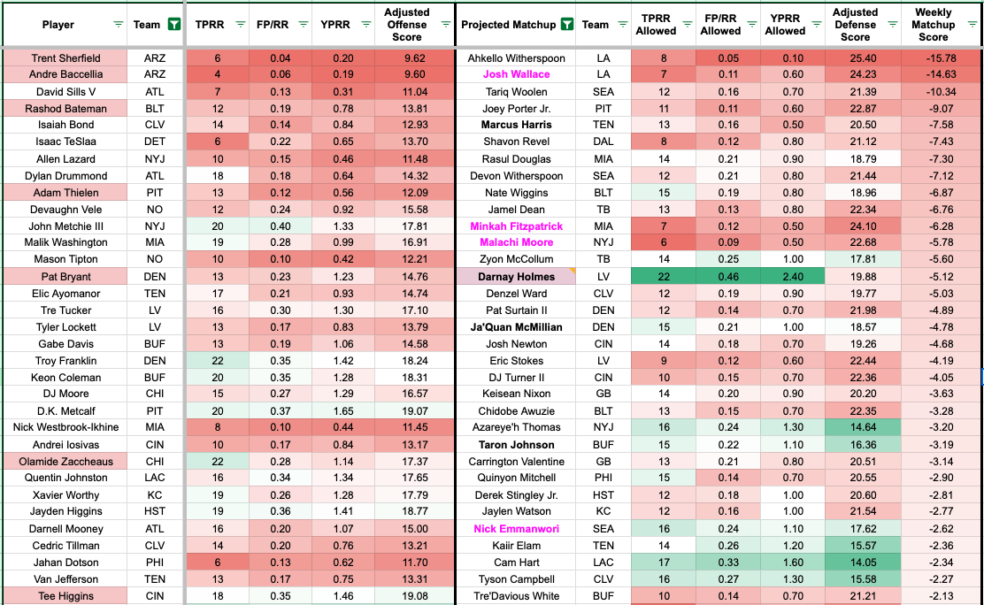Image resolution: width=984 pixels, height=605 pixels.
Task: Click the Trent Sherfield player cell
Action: click(x=65, y=58)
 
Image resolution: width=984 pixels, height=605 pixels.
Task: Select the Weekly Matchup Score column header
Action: click(x=933, y=25)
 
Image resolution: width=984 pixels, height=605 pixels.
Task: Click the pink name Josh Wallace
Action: click(x=517, y=75)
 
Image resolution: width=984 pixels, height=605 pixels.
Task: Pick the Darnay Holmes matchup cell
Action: click(x=517, y=277)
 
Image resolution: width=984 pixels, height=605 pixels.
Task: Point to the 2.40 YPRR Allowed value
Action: click(x=785, y=277)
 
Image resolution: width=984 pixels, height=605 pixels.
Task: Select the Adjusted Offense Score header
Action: click(x=407, y=25)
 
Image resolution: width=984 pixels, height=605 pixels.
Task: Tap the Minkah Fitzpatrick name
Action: click(x=517, y=226)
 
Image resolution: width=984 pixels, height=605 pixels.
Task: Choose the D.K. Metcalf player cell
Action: click(x=65, y=411)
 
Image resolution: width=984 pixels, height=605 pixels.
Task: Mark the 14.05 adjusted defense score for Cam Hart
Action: click(x=855, y=563)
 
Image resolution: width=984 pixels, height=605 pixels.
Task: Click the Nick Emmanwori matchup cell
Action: click(x=517, y=529)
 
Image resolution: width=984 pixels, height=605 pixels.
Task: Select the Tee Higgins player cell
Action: click(x=65, y=596)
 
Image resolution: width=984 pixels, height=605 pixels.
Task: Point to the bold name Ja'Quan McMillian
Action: click(x=517, y=327)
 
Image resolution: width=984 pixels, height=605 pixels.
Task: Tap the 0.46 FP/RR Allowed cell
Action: click(x=721, y=277)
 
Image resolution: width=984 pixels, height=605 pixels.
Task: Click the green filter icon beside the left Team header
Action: click(x=174, y=25)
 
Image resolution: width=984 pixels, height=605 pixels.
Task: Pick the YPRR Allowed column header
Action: click(x=785, y=25)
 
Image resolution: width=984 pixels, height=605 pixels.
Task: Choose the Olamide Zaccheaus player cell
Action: click(x=65, y=462)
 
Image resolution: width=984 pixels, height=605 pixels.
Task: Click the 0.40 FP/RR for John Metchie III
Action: click(x=280, y=226)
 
